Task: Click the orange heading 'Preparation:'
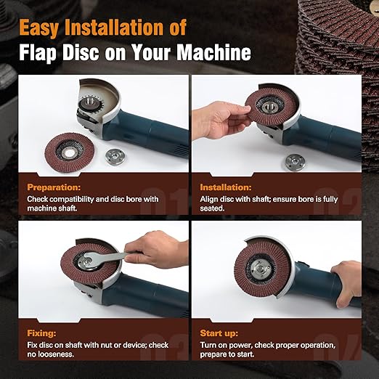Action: coord(54,187)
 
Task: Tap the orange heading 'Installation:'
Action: coord(226,187)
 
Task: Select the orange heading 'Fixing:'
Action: coord(41,333)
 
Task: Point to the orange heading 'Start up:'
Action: coord(219,333)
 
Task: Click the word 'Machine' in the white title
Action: coord(214,52)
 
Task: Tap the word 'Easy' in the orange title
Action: coord(39,28)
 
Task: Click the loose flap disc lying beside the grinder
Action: coord(70,153)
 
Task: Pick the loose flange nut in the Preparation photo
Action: coord(115,157)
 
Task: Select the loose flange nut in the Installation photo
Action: coord(295,162)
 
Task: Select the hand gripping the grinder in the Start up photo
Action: coord(346,283)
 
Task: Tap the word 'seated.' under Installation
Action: coord(212,208)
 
